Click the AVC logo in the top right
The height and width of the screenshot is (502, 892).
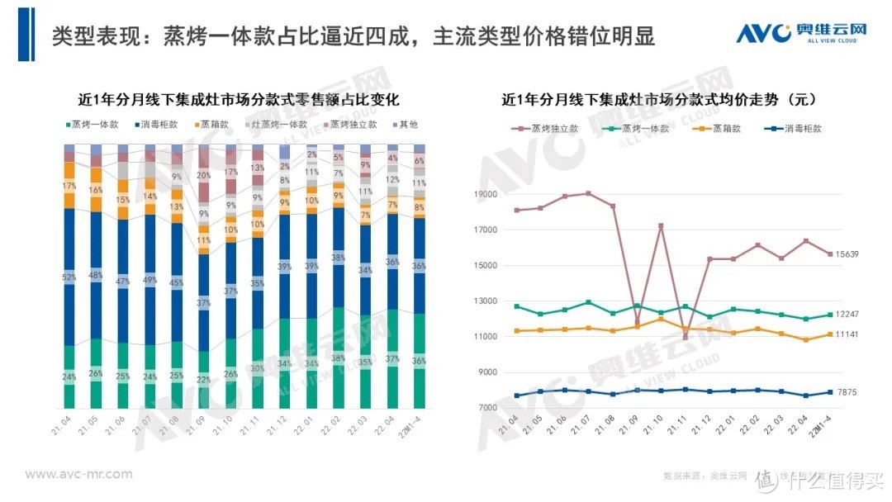(x=801, y=33)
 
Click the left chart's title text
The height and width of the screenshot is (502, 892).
(x=239, y=100)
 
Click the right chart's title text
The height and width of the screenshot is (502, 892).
(x=659, y=100)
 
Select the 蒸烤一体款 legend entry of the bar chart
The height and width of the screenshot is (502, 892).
(x=92, y=125)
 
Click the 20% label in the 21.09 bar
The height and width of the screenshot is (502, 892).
(x=202, y=175)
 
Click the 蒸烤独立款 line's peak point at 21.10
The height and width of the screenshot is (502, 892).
(x=661, y=225)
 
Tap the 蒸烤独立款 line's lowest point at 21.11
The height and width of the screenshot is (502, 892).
(x=685, y=338)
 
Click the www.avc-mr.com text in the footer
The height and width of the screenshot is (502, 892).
(x=78, y=474)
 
